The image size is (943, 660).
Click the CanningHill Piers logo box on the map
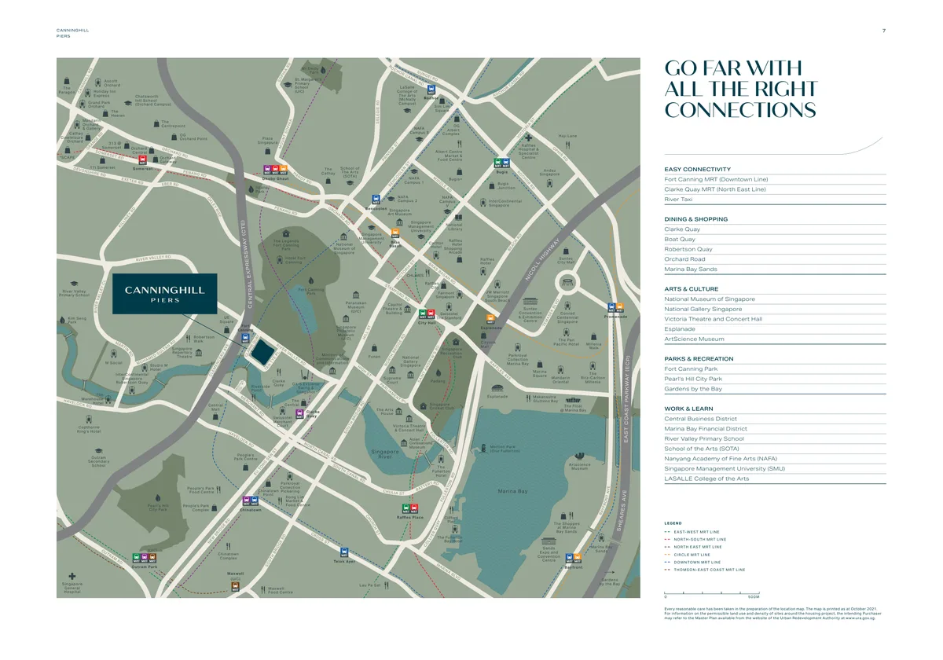(x=164, y=294)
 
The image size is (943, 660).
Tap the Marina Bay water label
(x=512, y=492)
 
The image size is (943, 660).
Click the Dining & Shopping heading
(x=695, y=219)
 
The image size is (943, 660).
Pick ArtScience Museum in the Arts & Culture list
(x=694, y=339)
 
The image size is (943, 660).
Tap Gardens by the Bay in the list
(x=692, y=389)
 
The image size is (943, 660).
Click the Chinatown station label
(x=250, y=510)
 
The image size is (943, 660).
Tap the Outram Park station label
(x=145, y=566)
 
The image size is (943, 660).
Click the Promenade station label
(x=615, y=317)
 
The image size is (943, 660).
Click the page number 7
(x=884, y=31)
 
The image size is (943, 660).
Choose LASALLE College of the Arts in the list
(x=706, y=478)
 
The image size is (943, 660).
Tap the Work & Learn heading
(x=688, y=409)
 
